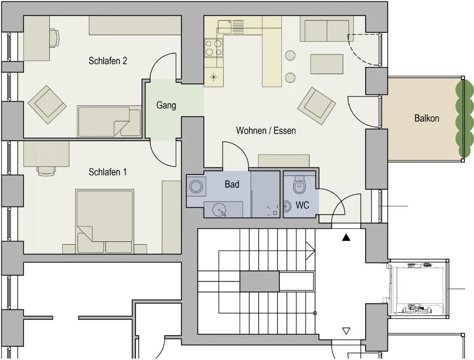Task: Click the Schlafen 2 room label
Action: [108, 61]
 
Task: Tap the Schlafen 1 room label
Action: [107, 172]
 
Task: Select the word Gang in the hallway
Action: [166, 105]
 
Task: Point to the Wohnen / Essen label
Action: [266, 131]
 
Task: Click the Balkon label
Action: [427, 118]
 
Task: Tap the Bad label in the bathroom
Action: [232, 184]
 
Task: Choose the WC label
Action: [302, 205]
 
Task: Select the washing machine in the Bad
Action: [196, 186]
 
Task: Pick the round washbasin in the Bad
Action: [219, 209]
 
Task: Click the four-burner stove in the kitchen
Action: [213, 48]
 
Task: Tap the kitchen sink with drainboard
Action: [231, 27]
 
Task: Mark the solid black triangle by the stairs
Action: [346, 238]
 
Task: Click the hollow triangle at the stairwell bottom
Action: [346, 331]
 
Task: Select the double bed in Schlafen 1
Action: [105, 221]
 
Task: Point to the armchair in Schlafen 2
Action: [47, 105]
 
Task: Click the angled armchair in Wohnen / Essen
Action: [316, 106]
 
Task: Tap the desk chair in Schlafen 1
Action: [46, 171]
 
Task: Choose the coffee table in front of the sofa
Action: [327, 64]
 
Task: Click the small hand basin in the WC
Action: [287, 206]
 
